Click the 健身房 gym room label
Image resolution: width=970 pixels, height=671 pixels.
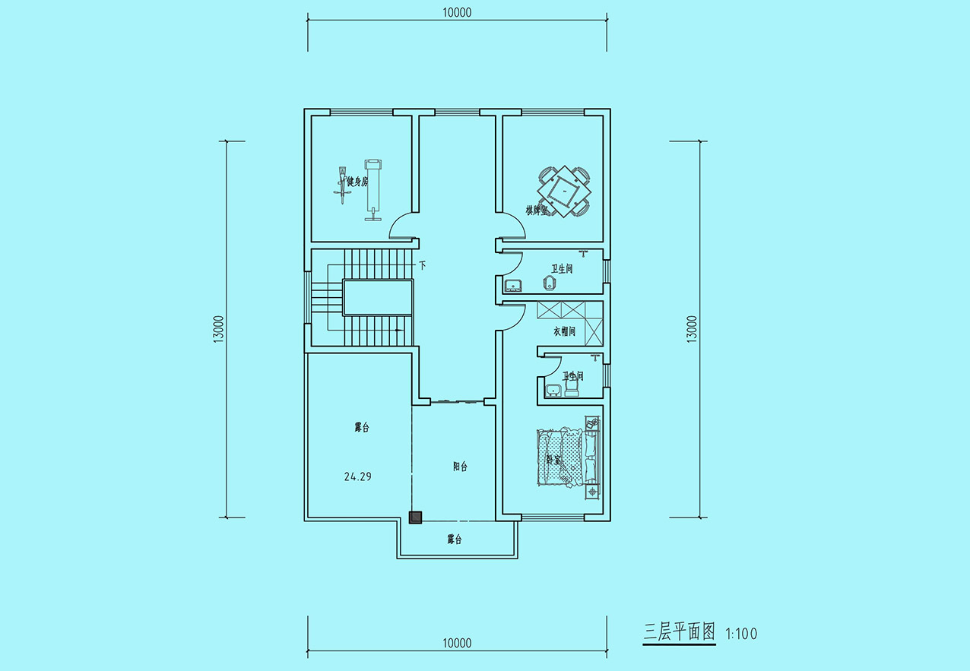pos(357,182)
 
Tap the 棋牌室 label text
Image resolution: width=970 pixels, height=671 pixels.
pos(537,210)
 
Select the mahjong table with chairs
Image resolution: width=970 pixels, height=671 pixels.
pos(565,191)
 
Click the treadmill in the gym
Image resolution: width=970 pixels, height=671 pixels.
pos(373,190)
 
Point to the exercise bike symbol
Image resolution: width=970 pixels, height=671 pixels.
pos(341,185)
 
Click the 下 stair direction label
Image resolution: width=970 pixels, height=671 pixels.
pos(423,265)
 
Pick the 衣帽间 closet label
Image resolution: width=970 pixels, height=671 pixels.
pos(564,331)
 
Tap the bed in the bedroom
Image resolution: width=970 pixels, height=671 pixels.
pos(569,458)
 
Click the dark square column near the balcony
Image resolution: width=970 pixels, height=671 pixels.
pos(415,517)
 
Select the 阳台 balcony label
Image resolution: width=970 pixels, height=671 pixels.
pos(461,467)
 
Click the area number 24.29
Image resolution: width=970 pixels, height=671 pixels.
pos(358,476)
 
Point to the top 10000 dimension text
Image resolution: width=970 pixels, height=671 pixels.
pos(457,13)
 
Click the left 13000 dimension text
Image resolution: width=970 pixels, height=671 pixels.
pos(219,330)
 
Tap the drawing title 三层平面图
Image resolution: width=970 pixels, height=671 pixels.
pos(679,632)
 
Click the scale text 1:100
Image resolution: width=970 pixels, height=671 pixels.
pos(741,635)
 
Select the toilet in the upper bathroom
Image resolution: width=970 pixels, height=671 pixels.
pos(549,283)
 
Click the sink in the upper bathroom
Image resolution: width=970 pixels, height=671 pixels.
pos(513,285)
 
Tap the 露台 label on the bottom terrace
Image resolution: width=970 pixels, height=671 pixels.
pos(455,540)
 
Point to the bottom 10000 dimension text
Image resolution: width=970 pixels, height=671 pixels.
pos(457,644)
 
